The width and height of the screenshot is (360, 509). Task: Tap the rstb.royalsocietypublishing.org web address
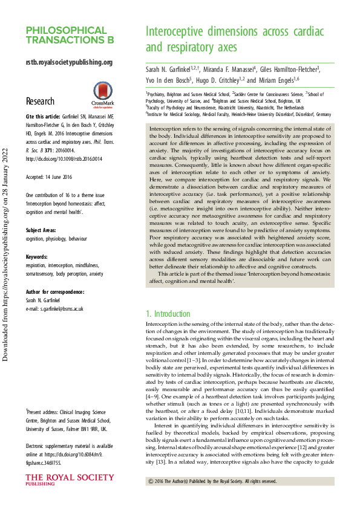pos(69,62)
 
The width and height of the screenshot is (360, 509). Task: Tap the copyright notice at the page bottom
pos(212,481)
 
